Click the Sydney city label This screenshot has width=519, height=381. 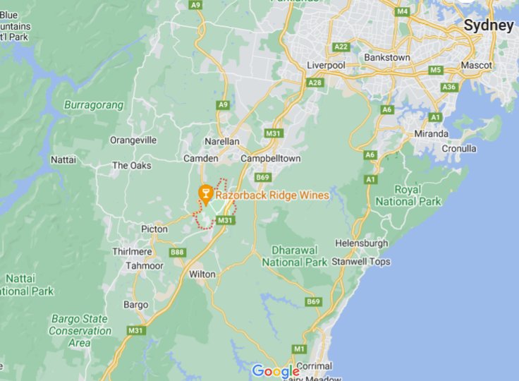pos(488,25)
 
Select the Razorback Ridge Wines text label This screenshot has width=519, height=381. pos(271,195)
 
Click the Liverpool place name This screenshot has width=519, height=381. pos(326,66)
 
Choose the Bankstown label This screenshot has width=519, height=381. pos(386,57)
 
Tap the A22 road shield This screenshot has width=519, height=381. pos(341,47)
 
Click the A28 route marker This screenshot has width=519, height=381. pos(315,83)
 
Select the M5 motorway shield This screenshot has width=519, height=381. pos(435,70)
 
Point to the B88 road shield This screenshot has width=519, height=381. pos(177,252)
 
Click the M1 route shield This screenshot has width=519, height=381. pos(300,349)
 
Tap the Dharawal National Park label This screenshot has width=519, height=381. pos(295,256)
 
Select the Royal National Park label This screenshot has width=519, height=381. pos(408,195)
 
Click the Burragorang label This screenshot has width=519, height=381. pos(94,105)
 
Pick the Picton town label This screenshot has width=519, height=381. pos(154,229)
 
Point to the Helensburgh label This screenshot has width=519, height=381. pos(362,243)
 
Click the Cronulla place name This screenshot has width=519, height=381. pos(459,149)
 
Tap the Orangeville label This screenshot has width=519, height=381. pos(133,140)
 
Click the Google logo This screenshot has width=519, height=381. pos(276,371)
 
